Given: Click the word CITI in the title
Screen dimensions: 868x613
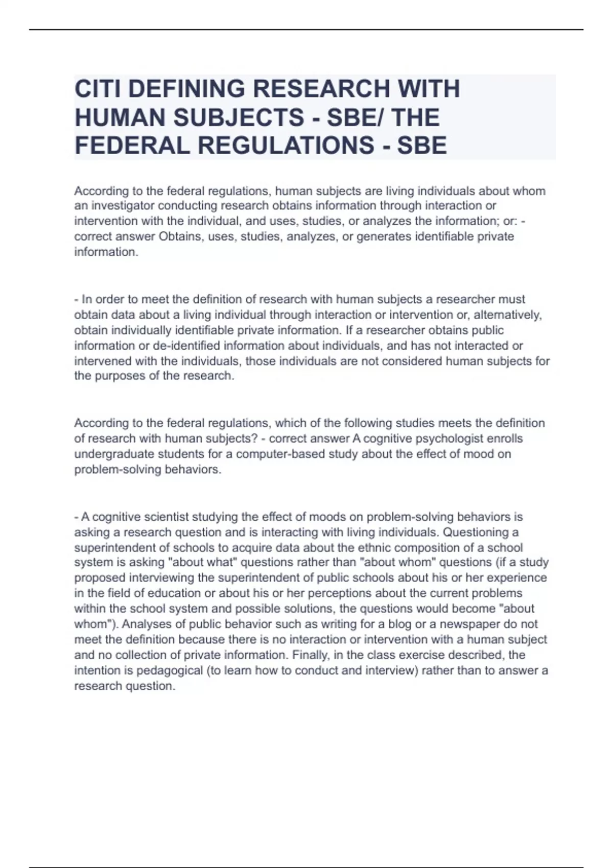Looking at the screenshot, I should pos(97,89).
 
